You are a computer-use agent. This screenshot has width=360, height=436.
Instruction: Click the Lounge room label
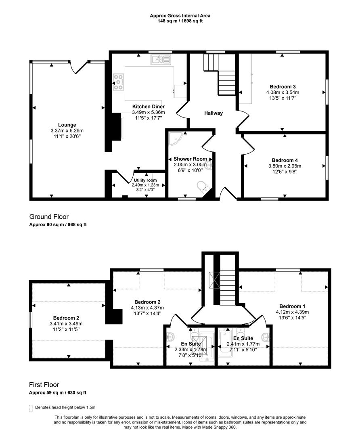(x=67, y=125)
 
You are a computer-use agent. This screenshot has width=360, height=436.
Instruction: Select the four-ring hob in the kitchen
(x=119, y=82)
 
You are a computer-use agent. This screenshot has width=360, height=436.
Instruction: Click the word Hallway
(x=213, y=113)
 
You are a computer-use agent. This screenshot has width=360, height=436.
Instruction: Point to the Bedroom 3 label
(x=283, y=87)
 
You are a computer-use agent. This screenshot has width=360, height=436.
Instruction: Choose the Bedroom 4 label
(x=285, y=160)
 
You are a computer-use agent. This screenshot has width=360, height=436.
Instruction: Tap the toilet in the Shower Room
(x=202, y=187)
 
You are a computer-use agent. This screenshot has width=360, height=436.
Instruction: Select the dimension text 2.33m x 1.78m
(x=190, y=350)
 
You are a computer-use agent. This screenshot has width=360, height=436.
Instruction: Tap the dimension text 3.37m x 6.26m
(x=67, y=130)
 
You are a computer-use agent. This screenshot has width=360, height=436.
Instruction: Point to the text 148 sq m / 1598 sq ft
(x=180, y=21)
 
